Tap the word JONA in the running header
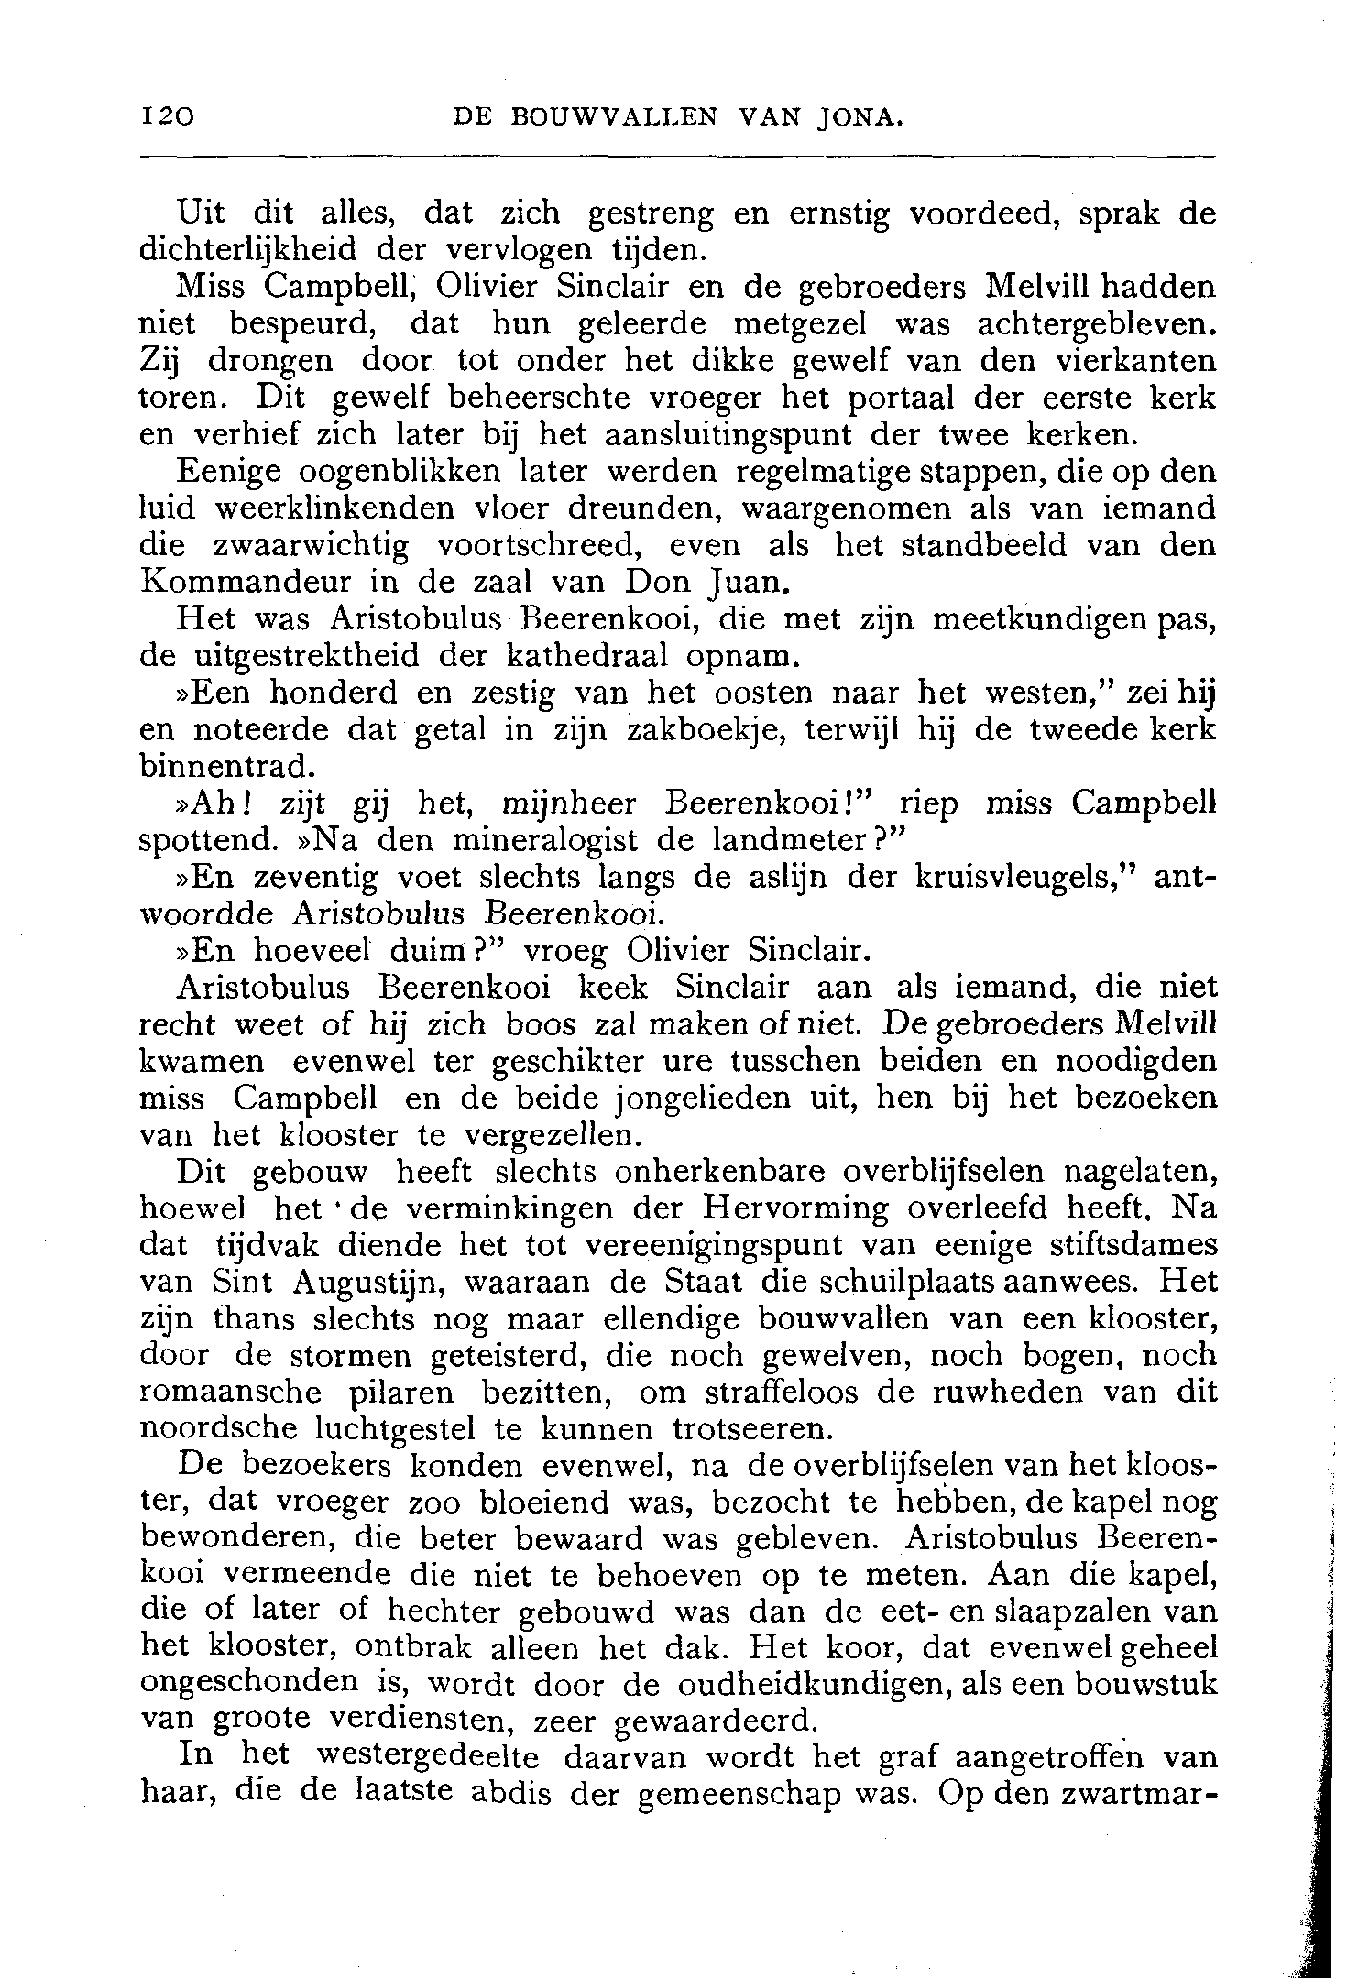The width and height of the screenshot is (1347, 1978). click(860, 116)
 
